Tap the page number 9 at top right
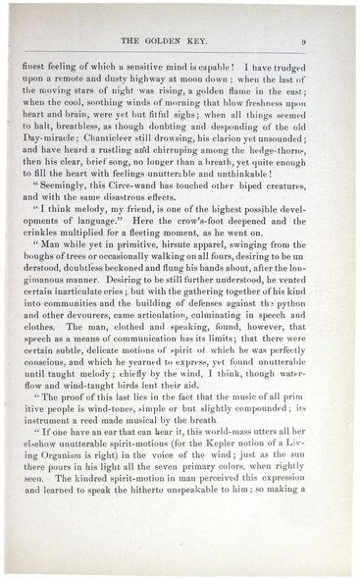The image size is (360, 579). coord(306,41)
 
